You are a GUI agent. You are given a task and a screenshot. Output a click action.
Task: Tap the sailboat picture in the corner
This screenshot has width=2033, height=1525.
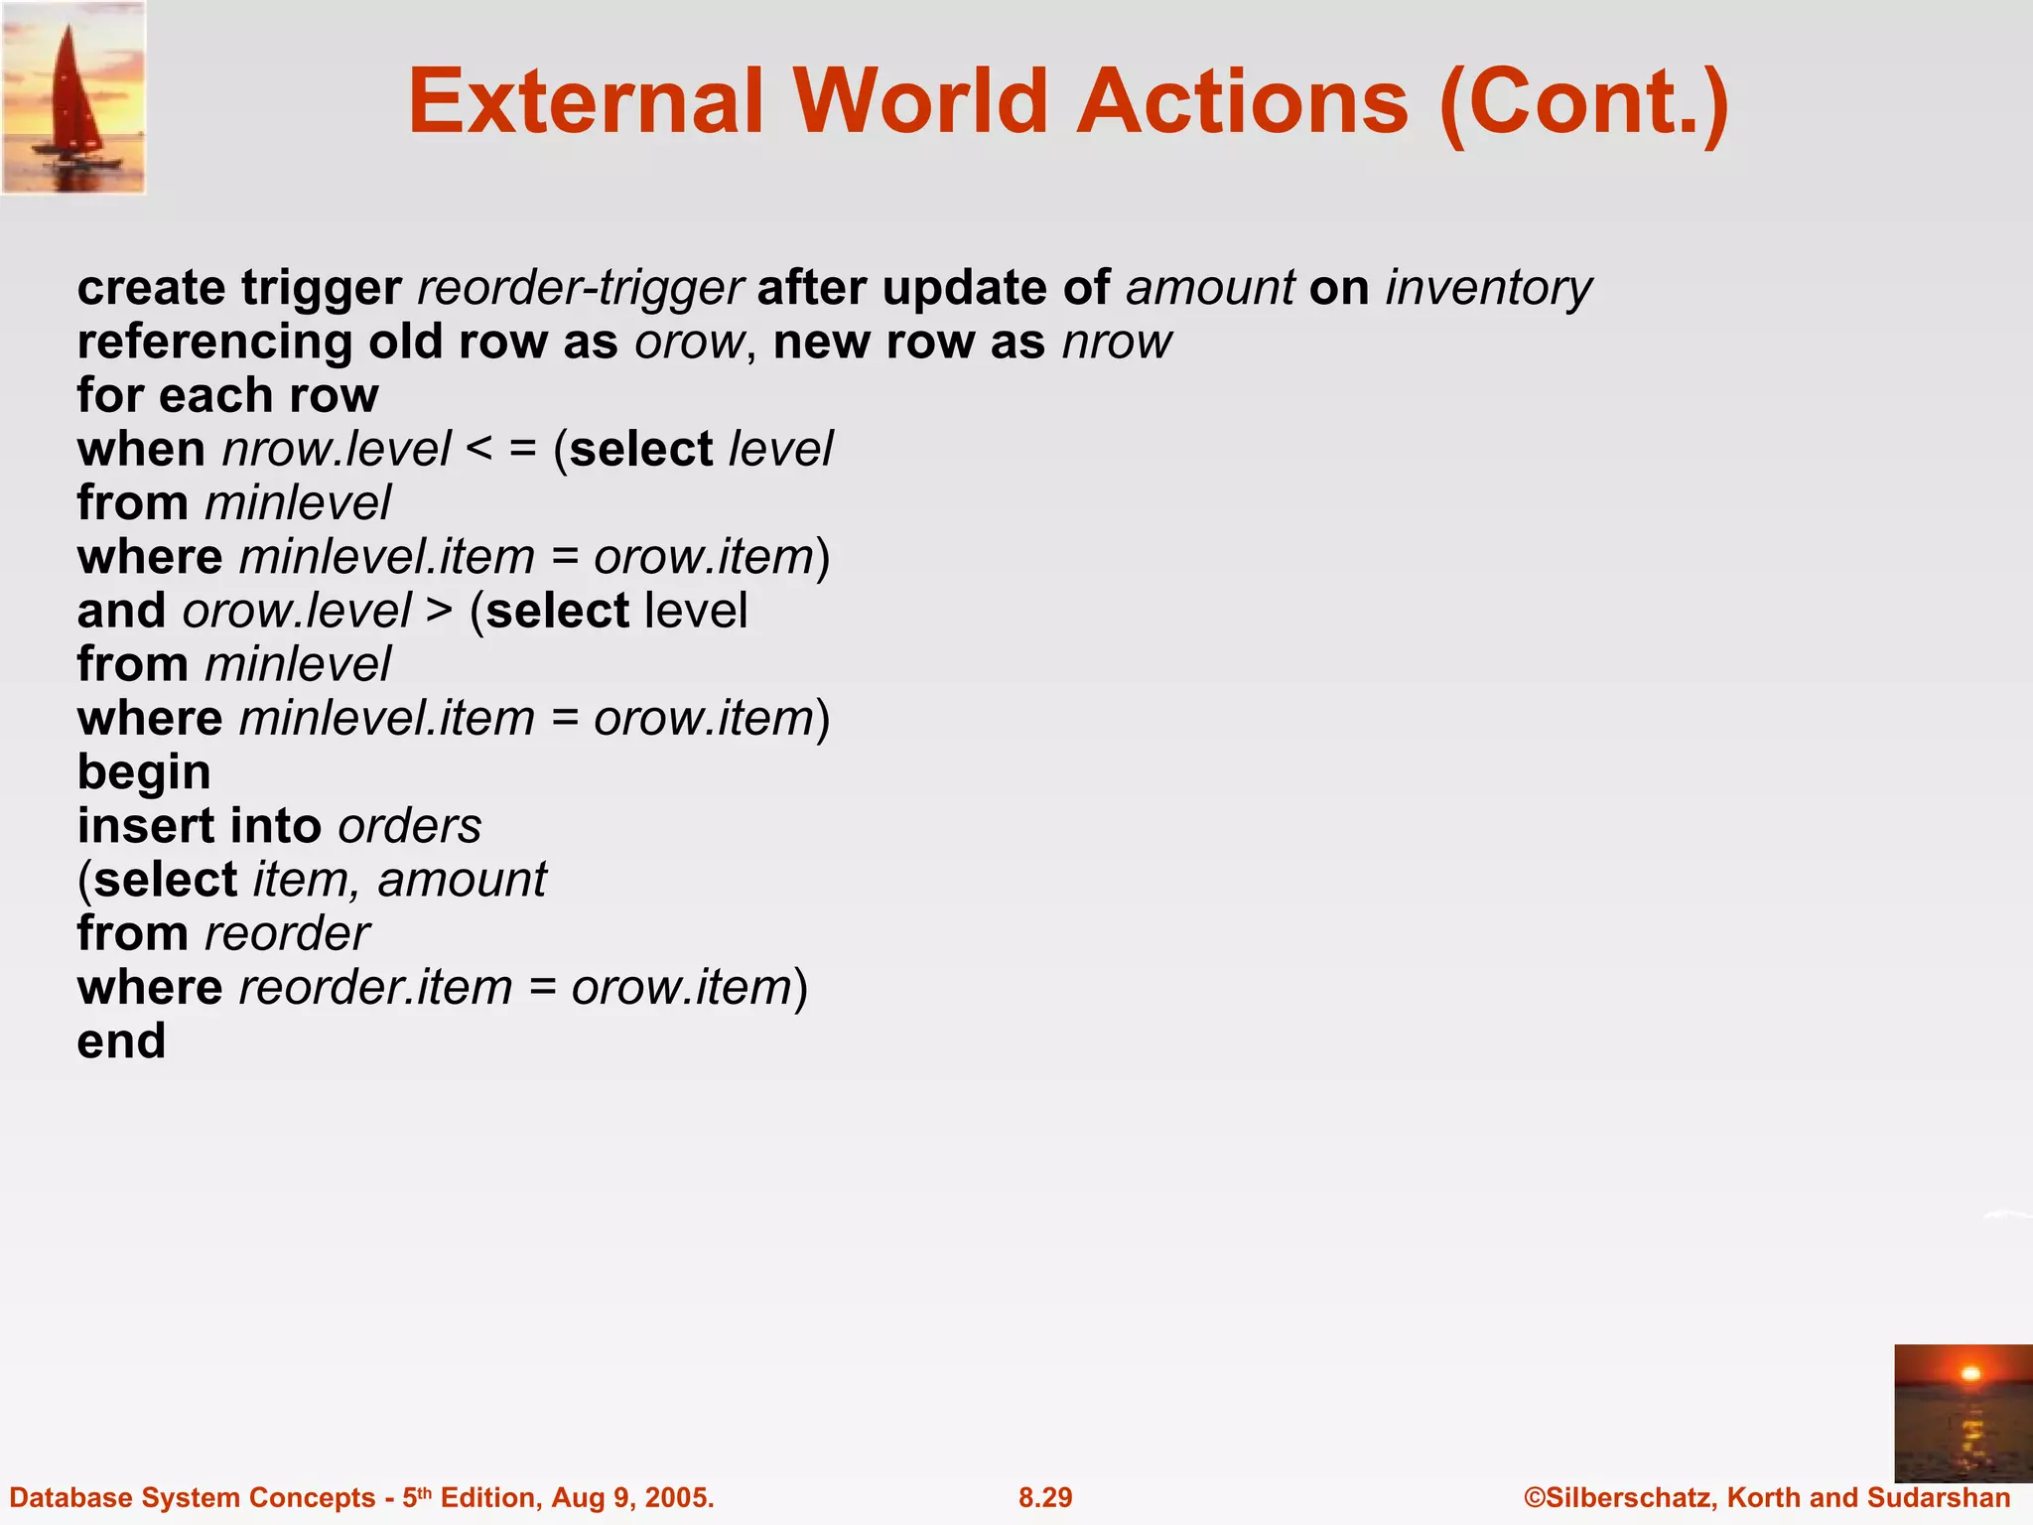[x=74, y=97]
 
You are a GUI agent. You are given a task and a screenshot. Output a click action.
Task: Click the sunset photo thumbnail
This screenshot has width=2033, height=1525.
[x=1963, y=1413]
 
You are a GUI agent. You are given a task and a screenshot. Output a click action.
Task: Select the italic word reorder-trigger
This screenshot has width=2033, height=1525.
[x=580, y=288]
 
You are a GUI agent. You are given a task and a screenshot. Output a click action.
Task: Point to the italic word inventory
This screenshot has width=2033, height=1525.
[x=1488, y=288]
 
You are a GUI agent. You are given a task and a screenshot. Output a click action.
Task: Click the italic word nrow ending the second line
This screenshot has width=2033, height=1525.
[x=1117, y=342]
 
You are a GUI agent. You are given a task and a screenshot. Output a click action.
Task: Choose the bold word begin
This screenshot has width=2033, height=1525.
[x=144, y=772]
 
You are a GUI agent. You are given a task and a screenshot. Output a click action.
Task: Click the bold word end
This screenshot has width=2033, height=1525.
[x=121, y=1041]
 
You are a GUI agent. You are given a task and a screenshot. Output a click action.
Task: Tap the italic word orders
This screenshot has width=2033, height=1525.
[x=409, y=826]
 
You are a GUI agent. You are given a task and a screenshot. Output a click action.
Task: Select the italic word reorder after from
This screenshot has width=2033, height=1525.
[x=287, y=933]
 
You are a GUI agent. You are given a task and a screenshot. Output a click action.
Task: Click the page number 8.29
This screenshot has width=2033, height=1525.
[x=1045, y=1497]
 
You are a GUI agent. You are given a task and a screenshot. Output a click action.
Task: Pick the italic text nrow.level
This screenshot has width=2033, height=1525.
[x=337, y=450]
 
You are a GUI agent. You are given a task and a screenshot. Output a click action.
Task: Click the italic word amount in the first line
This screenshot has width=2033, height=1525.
[x=1209, y=288]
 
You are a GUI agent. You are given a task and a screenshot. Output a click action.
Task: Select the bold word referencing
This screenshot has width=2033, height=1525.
[x=214, y=342]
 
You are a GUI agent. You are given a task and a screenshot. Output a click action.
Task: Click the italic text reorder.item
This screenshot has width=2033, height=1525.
[x=375, y=988]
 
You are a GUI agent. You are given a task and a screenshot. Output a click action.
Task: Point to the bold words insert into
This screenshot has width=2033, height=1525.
[x=199, y=826]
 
